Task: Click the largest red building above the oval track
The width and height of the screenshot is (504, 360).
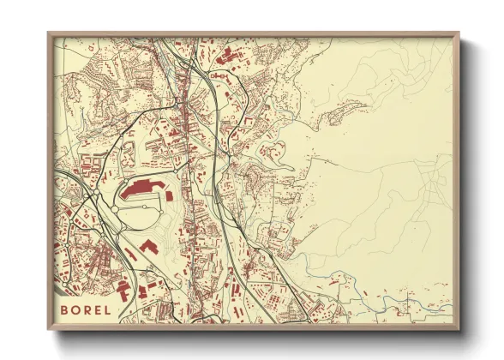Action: [x=141, y=189]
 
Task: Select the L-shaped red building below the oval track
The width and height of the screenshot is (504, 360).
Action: [x=148, y=246]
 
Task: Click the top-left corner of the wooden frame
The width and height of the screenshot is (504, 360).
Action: [x=49, y=33]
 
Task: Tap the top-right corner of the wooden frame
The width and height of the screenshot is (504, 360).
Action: [x=459, y=33]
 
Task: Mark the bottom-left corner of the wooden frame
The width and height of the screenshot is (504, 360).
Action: [x=49, y=329]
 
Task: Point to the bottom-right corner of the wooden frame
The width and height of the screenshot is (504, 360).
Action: [x=459, y=329]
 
